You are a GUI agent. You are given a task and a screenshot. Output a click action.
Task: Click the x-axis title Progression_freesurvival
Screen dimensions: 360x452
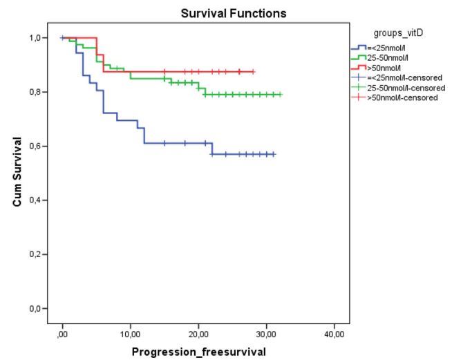tap(198, 352)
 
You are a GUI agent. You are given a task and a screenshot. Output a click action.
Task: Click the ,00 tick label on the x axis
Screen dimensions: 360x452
tap(62, 334)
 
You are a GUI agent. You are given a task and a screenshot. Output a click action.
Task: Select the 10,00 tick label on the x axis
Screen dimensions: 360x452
tap(130, 334)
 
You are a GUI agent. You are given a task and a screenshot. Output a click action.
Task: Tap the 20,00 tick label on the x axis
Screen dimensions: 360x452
tap(198, 334)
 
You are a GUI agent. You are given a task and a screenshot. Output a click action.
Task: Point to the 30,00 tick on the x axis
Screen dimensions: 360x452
tap(266, 334)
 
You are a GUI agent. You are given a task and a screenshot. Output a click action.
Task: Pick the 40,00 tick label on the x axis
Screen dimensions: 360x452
tap(334, 334)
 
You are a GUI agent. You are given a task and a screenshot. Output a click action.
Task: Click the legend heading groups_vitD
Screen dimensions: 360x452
tap(397, 32)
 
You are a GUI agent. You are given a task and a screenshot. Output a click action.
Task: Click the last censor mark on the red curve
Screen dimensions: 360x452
tap(253, 72)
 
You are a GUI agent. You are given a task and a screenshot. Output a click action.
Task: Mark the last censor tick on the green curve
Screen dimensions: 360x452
tap(280, 94)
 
